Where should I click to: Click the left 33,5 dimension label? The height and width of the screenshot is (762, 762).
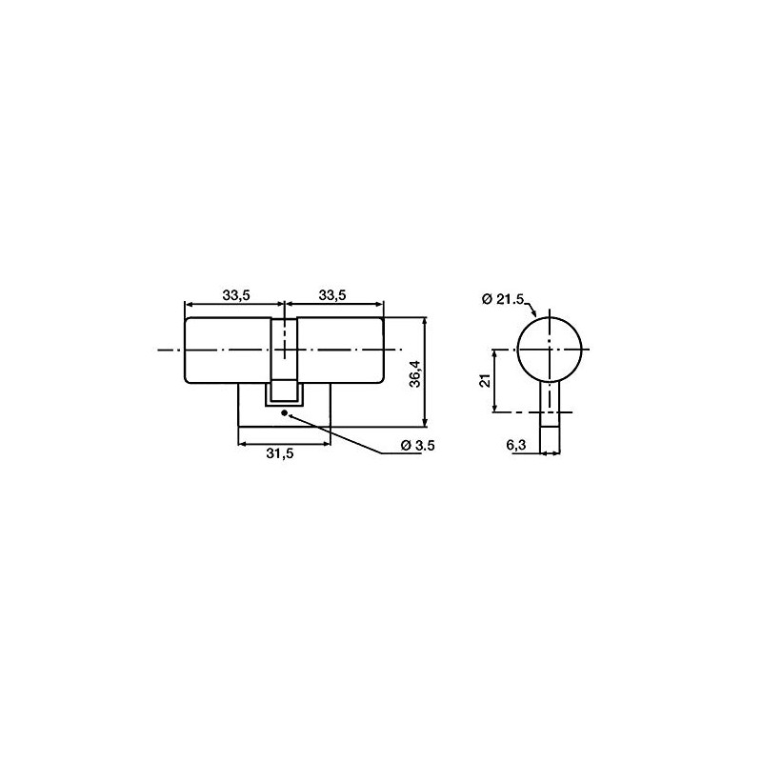pos(235,295)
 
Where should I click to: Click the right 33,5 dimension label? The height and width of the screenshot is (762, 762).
pos(331,295)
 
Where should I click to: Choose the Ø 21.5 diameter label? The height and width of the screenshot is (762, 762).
pos(503,299)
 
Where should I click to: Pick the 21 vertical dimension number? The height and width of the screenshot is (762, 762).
pos(483,381)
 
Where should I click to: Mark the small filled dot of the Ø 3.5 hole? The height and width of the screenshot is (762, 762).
pos(284,412)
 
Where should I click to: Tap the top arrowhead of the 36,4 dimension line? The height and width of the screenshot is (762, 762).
pos(425,322)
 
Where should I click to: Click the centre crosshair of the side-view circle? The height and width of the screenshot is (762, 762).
pos(550,351)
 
